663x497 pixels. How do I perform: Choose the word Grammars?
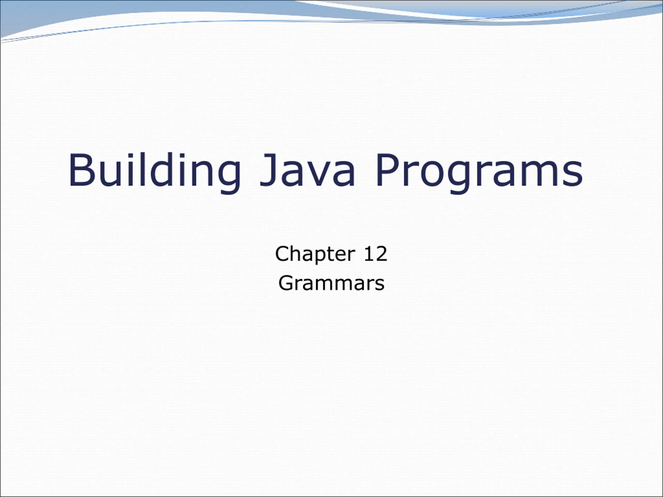331,283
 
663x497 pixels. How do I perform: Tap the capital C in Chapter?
282,254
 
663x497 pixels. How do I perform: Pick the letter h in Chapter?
298,253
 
